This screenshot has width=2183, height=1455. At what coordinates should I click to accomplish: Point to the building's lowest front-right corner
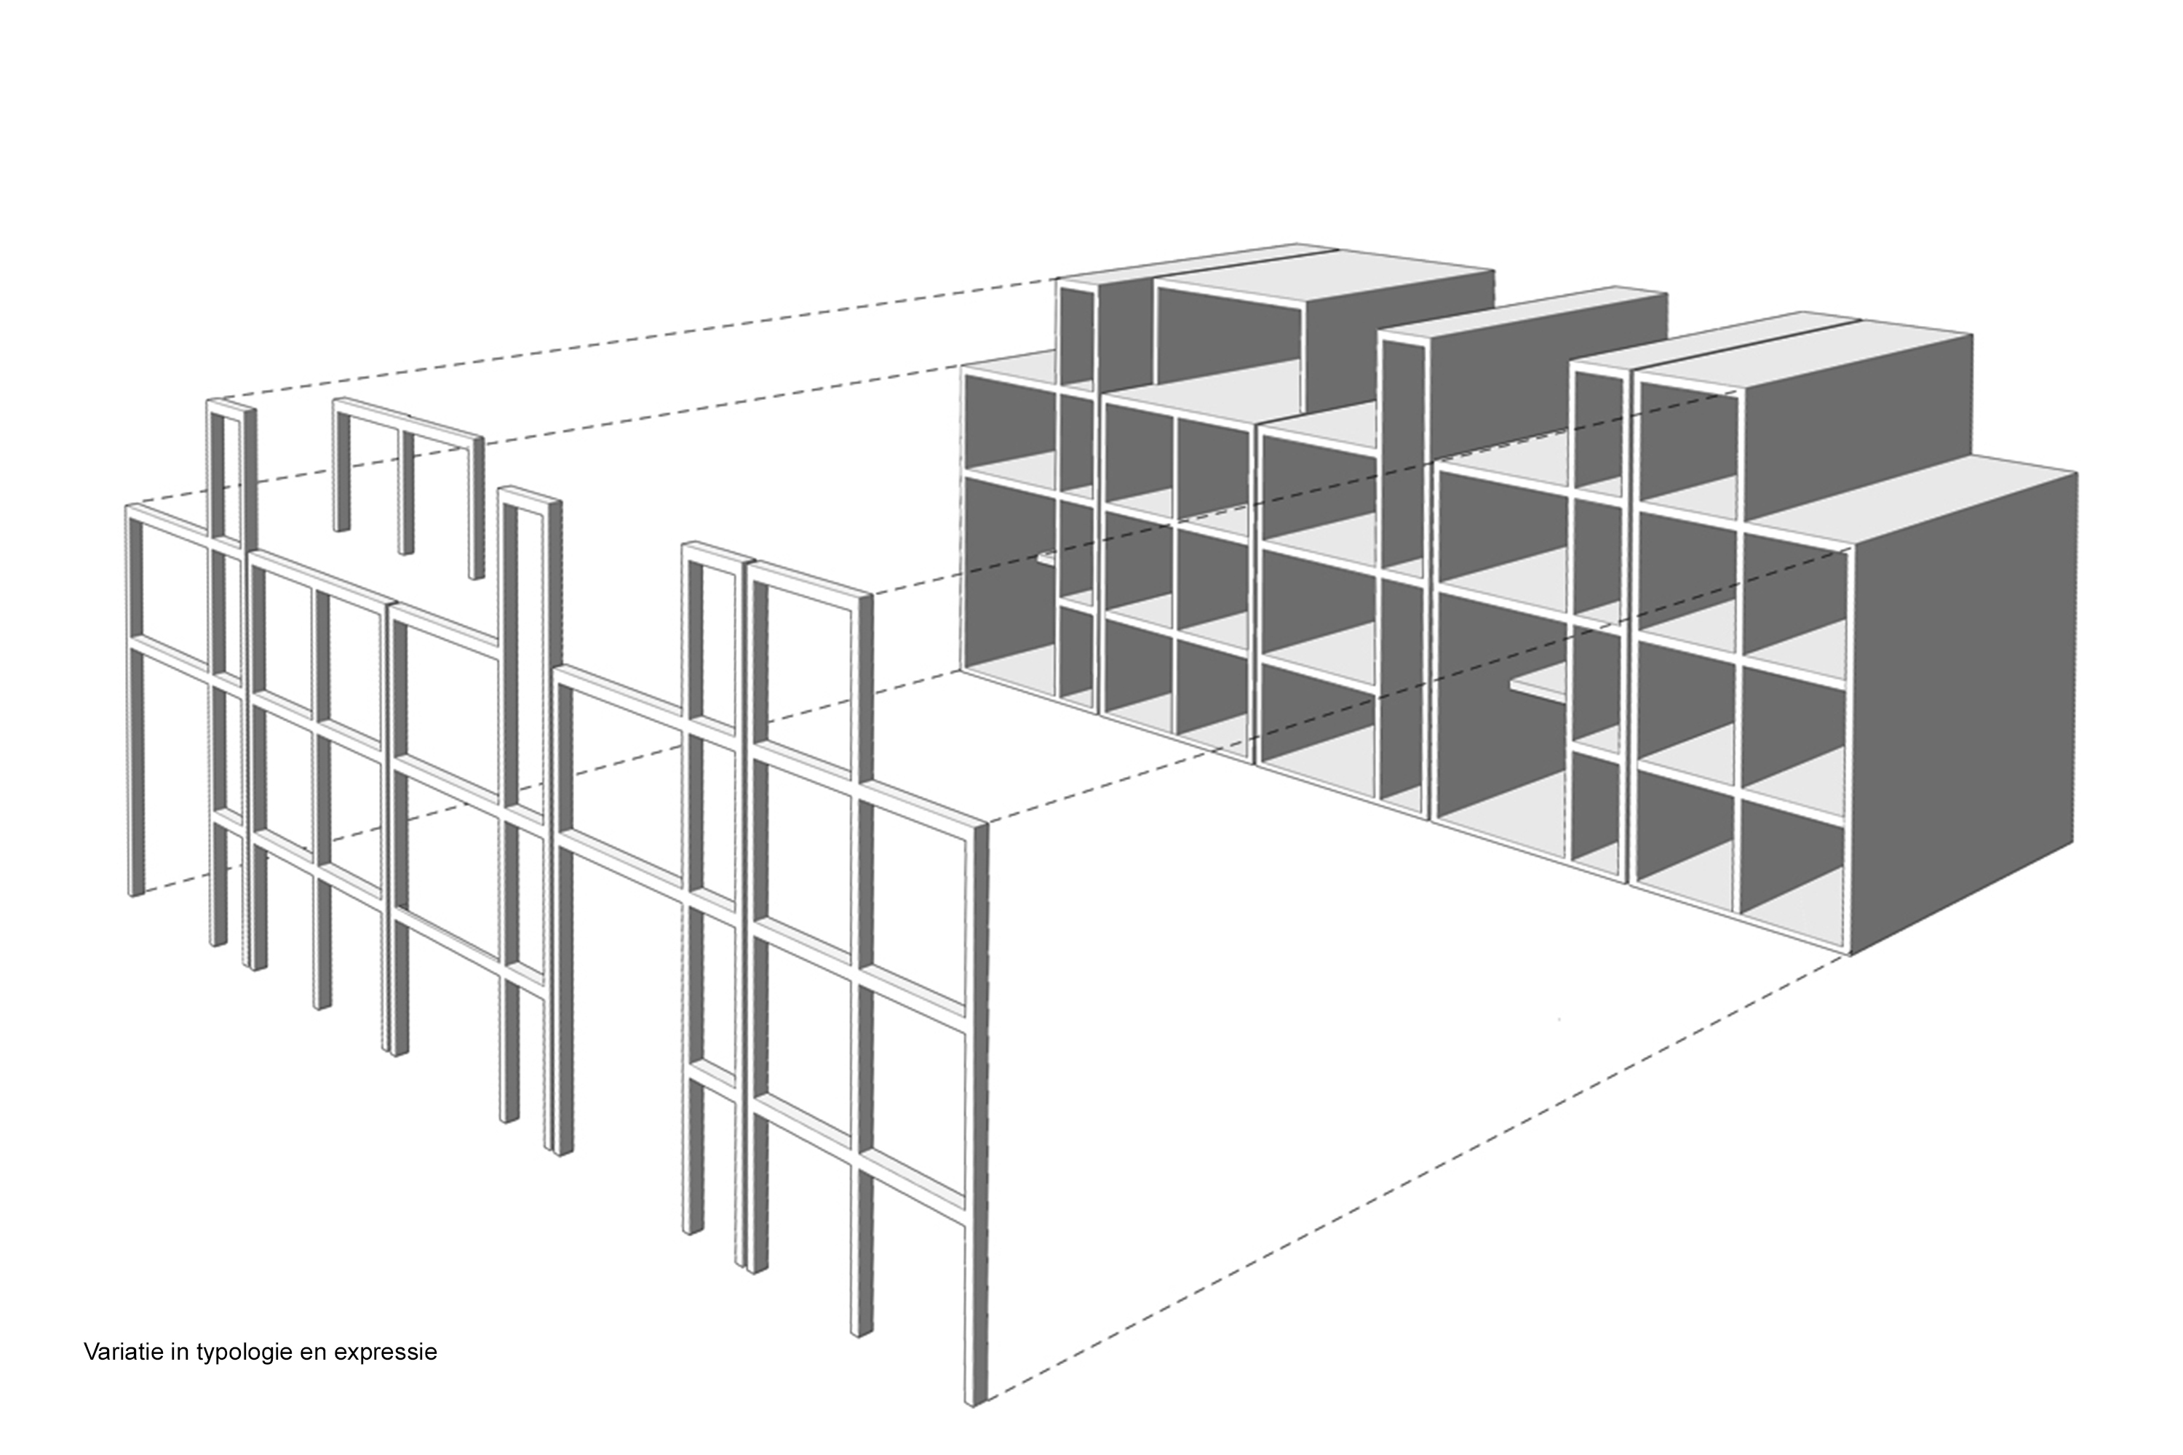(x=1849, y=954)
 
